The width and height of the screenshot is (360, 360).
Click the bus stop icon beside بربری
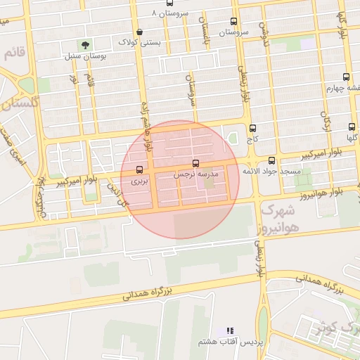click(139, 169)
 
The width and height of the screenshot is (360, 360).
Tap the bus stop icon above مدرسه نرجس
click(195, 163)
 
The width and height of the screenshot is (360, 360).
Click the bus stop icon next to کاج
click(252, 129)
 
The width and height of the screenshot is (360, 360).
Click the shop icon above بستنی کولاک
click(139, 32)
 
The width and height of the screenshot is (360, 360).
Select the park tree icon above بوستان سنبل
click(86, 45)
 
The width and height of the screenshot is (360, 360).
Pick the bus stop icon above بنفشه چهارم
click(345, 77)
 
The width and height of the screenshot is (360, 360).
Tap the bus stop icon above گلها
click(352, 127)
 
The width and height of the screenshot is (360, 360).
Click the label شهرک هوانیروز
click(279, 218)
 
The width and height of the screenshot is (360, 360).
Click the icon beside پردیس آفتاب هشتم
click(229, 330)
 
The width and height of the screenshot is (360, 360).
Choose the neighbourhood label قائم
click(14, 53)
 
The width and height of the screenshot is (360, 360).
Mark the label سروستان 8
click(169, 13)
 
